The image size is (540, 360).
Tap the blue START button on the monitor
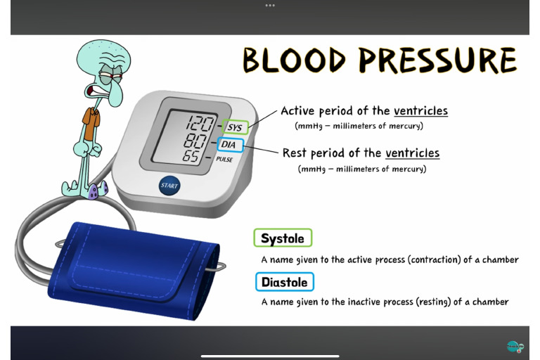click(169, 186)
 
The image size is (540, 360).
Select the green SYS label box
click(234, 128)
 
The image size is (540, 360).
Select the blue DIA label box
click(229, 145)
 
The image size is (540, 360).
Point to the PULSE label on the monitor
click(224, 160)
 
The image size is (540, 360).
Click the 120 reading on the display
click(200, 124)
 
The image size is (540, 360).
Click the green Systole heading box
click(283, 238)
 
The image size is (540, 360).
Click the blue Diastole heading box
click(284, 282)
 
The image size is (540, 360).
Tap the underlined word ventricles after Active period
click(420, 111)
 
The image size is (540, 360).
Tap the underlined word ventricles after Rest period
click(412, 153)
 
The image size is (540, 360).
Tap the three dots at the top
click(270, 5)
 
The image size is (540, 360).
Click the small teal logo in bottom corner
click(514, 346)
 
